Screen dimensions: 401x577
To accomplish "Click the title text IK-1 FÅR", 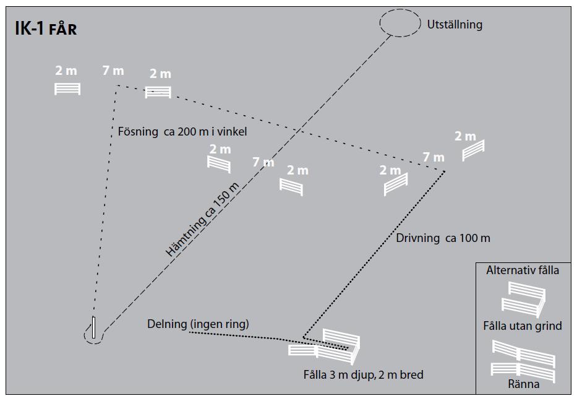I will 46,29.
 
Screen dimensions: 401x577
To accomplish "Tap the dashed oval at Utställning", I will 399,23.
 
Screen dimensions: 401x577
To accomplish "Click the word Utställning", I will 455,25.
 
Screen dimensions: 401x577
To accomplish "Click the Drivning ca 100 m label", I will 443,238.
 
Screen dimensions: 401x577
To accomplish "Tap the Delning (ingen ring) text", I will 198,324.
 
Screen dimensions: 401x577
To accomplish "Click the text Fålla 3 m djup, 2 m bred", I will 363,374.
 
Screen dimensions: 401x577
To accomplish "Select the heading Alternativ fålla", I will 523,270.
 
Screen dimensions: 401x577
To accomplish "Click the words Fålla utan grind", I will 523,326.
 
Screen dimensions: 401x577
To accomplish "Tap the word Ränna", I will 523,384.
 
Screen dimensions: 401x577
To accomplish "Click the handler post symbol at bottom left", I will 94,328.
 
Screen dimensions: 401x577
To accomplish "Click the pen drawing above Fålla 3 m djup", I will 325,345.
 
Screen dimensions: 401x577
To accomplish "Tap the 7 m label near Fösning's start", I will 113,71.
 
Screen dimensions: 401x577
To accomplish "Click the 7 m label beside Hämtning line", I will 263,162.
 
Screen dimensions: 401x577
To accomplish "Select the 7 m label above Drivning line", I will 434,157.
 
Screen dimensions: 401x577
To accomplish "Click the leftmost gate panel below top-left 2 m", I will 67,88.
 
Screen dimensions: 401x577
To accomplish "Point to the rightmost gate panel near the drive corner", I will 473,149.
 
